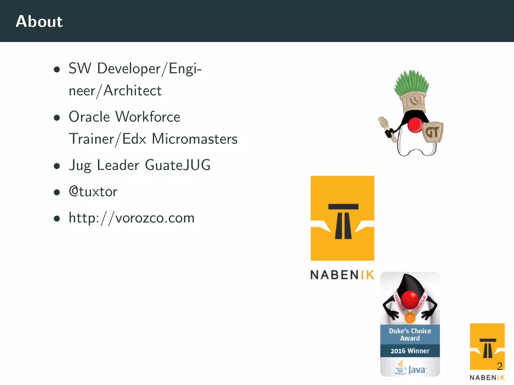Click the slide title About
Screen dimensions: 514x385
point(39,21)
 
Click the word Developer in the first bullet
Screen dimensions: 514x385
point(129,68)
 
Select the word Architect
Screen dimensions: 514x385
point(133,90)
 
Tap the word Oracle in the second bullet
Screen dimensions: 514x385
point(89,117)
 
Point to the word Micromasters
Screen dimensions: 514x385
point(195,139)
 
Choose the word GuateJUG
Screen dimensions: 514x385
point(178,165)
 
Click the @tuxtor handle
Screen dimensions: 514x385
point(93,191)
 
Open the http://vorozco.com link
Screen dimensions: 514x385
point(132,218)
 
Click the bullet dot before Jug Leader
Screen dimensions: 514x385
point(57,166)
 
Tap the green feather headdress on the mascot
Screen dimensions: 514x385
point(411,81)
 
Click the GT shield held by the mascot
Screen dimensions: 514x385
point(433,132)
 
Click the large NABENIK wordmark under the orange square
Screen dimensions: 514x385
point(342,275)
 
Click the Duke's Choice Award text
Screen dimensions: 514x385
point(410,334)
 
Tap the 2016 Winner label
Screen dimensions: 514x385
point(410,351)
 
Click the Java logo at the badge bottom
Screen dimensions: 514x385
point(411,368)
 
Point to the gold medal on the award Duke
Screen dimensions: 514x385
point(410,318)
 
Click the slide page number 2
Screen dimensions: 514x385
point(499,366)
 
